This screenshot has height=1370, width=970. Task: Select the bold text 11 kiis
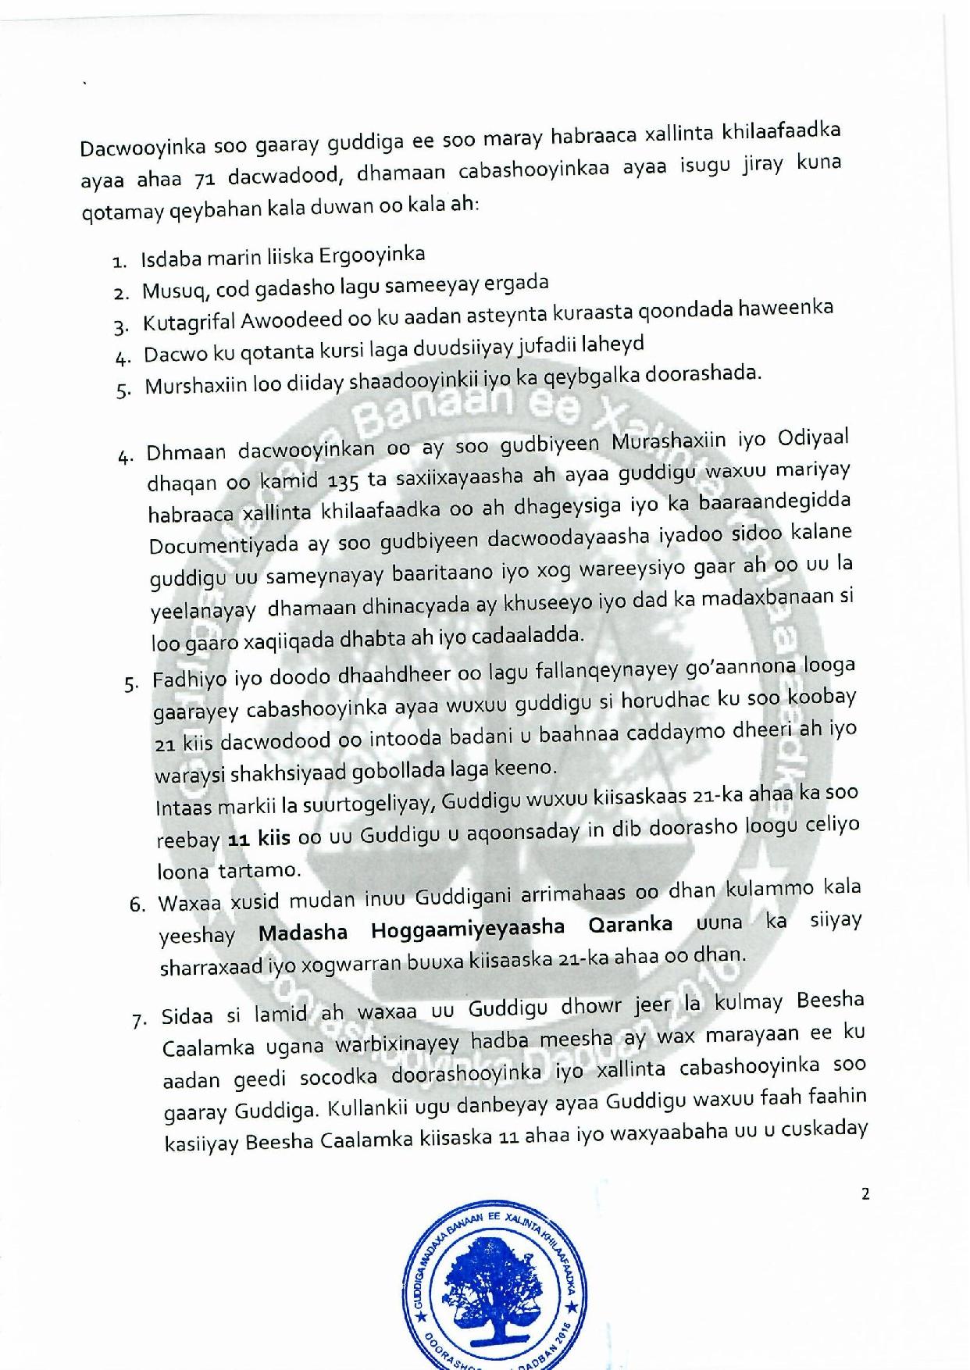[259, 839]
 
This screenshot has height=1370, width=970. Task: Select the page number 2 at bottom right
[865, 1193]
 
